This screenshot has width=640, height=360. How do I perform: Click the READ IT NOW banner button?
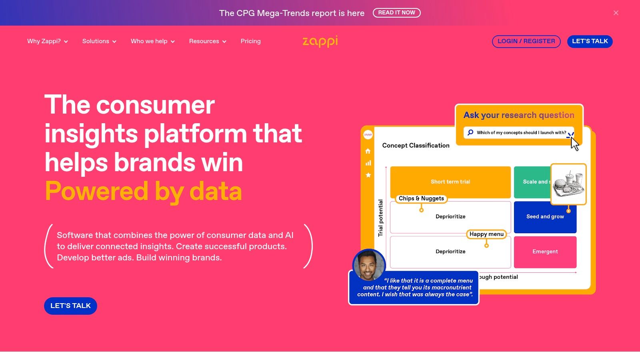point(396,13)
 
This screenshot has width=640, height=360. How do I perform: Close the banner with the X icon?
point(616,13)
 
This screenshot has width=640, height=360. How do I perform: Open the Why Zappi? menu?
point(47,41)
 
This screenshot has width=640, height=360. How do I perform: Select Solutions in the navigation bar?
point(99,41)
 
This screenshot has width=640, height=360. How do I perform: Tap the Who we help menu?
point(152,41)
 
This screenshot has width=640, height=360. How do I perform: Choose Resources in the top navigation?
point(208,41)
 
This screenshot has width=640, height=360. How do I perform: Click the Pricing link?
point(250,41)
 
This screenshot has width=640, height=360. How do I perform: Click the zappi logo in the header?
point(320,41)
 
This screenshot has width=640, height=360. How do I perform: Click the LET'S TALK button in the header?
point(590,41)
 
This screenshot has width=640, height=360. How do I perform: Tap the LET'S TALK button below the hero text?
point(70,306)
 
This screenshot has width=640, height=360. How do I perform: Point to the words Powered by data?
point(143,191)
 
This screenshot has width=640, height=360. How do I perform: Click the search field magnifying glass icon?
point(470,132)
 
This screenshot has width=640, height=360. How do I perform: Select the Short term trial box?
point(450,182)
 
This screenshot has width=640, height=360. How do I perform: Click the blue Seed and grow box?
point(545,217)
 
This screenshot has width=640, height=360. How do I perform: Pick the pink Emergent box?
point(545,252)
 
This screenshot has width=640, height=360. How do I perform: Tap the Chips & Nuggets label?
point(421,198)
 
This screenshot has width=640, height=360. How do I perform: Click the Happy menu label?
point(486,234)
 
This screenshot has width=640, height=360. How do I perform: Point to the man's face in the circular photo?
point(368,265)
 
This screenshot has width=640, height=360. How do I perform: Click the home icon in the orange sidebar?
point(368,151)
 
